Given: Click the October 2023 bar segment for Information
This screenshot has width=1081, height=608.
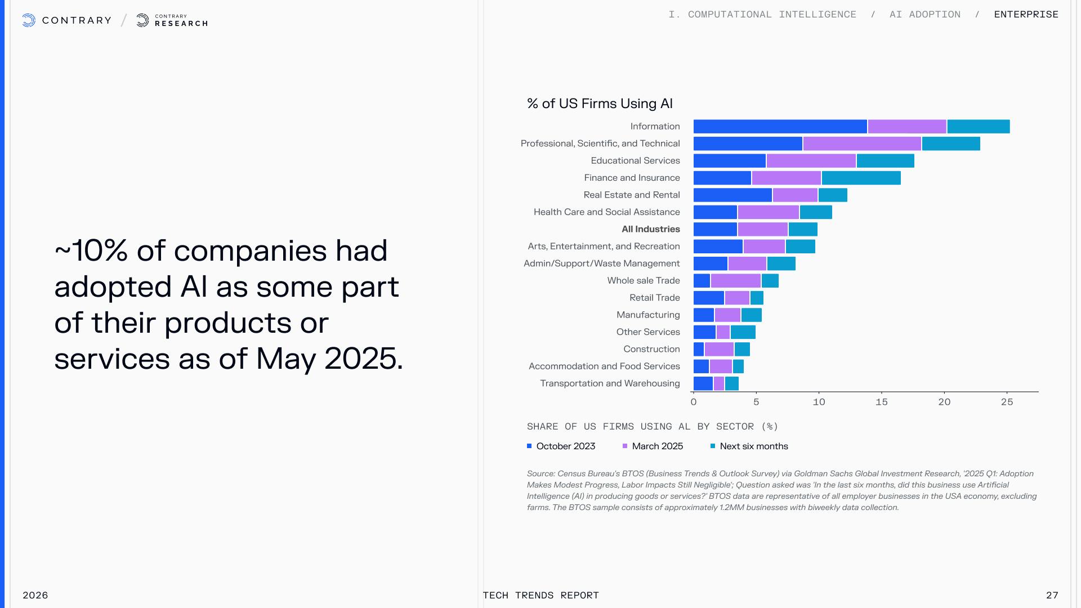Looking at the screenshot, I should (x=780, y=127).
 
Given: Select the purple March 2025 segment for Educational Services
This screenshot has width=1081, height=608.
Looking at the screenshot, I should (x=811, y=161).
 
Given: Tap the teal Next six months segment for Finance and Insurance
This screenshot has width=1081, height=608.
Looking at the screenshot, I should (x=861, y=178).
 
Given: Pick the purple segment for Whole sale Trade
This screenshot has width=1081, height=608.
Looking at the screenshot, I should (x=735, y=281).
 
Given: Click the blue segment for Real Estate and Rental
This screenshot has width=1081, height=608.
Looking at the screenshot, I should (x=732, y=195).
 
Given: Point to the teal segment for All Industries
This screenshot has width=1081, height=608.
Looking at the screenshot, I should (x=803, y=230).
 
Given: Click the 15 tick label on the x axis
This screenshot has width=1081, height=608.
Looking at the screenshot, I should (x=882, y=402).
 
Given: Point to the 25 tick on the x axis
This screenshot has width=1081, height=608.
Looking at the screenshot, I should (x=1007, y=402).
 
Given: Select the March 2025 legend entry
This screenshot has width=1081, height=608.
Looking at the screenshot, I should (x=657, y=446).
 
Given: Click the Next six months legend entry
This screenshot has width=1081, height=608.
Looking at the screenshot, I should (x=753, y=446).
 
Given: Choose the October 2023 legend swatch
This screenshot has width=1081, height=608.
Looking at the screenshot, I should (x=529, y=446).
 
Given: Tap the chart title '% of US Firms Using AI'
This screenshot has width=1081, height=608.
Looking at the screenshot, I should (x=600, y=104).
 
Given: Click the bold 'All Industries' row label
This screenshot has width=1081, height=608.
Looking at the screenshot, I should (x=650, y=229).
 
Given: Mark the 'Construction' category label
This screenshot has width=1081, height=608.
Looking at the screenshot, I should (x=651, y=349).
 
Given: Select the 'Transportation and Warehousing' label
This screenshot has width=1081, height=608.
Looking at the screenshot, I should (x=610, y=383).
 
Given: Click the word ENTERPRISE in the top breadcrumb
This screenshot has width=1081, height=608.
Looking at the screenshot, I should (x=1026, y=15).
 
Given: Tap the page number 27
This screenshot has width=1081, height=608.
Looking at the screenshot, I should (x=1052, y=595).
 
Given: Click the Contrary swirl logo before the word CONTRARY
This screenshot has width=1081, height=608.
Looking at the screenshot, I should (x=29, y=21).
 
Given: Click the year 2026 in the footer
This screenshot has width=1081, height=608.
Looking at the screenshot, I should (x=35, y=595).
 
